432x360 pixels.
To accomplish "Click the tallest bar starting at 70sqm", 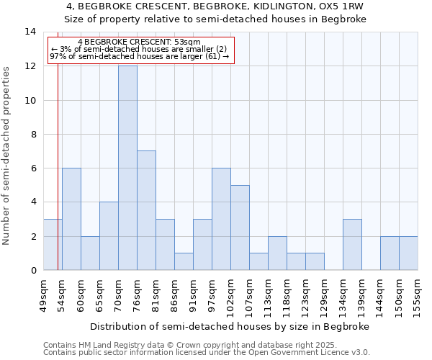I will (x=127, y=168).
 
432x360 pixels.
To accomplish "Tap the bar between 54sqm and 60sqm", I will (x=71, y=219).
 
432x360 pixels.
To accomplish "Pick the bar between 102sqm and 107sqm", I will (x=240, y=228).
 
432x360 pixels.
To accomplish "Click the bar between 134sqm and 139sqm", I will (x=352, y=245).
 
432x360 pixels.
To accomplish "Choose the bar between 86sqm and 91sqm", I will (x=184, y=261).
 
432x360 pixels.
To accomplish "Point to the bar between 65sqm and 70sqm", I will (x=109, y=236).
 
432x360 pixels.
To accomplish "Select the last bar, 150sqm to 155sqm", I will (x=408, y=253).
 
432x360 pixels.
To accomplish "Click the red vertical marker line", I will (x=58, y=180).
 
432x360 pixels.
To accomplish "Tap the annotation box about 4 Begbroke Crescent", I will (x=141, y=50).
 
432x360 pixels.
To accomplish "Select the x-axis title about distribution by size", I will (x=230, y=326).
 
